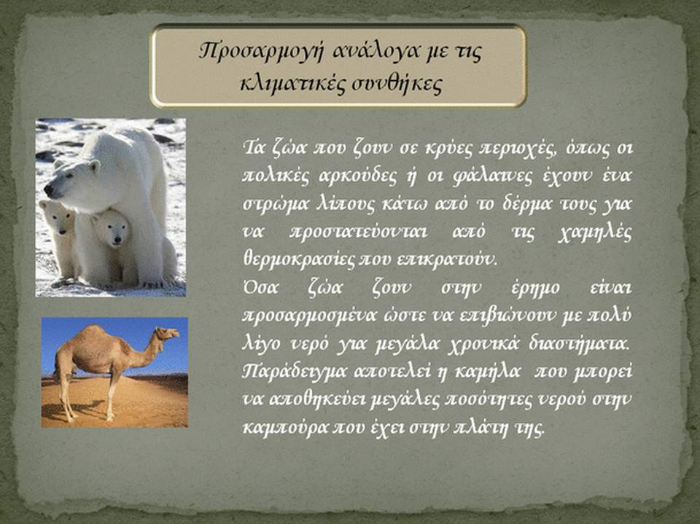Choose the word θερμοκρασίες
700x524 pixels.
click(x=298, y=260)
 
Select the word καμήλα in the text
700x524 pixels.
click(x=488, y=372)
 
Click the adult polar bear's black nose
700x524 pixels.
click(x=48, y=191)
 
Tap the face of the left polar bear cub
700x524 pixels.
click(x=60, y=220)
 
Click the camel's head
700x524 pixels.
click(x=167, y=332)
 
